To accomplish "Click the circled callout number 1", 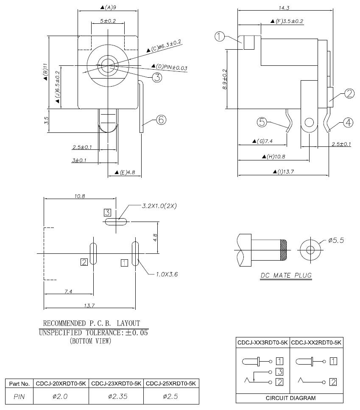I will (x=219, y=37).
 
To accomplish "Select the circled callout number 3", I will (x=157, y=77).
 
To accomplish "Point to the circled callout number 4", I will (x=348, y=123).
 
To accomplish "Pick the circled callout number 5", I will (x=262, y=122).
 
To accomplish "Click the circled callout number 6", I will (x=161, y=120).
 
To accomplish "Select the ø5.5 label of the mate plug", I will (x=336, y=241).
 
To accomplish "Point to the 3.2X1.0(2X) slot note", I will (x=159, y=206).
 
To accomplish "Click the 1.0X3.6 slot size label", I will (x=167, y=274).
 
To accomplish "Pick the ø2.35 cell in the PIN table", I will (x=116, y=396).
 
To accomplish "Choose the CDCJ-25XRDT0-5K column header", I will (x=171, y=384).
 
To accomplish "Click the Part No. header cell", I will (x=20, y=384).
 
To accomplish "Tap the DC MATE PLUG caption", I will (x=286, y=276).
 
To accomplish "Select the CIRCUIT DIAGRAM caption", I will (x=290, y=398).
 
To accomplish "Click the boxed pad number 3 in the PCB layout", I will (x=108, y=212).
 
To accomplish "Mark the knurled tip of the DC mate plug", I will (x=283, y=250).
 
